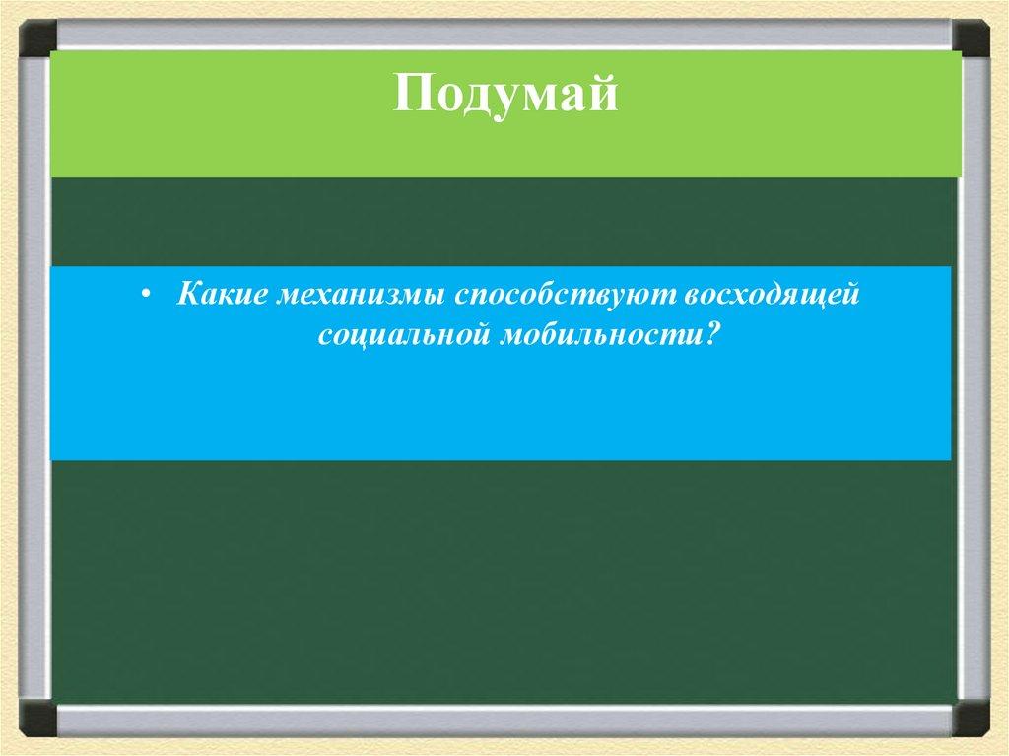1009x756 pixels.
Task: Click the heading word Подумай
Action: point(505,95)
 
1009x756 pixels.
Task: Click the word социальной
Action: point(404,336)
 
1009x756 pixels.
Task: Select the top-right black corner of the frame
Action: point(971,37)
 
